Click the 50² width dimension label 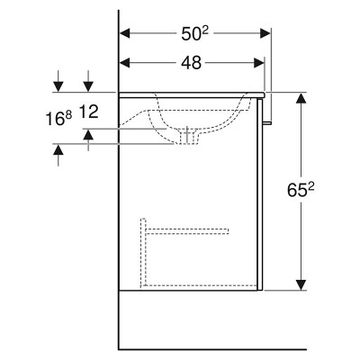[195, 33]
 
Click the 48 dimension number [192, 63]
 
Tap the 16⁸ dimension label [58, 118]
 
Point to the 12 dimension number [88, 112]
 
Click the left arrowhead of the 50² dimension [125, 33]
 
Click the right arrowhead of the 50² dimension [265, 33]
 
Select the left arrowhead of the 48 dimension [125, 63]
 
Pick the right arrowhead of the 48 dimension [259, 63]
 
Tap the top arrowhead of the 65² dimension [301, 98]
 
